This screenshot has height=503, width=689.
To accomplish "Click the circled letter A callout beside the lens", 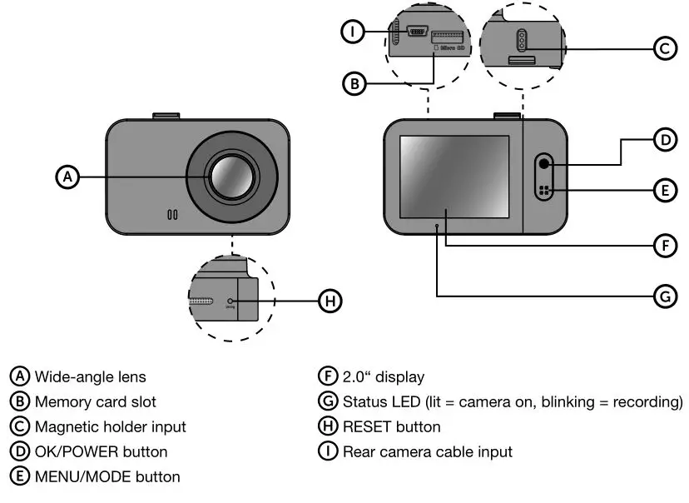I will click(68, 177).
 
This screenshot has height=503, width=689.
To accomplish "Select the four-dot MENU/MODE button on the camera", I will click(545, 191).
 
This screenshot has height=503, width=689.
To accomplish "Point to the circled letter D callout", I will click(663, 141).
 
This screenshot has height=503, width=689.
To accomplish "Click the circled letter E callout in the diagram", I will click(663, 191).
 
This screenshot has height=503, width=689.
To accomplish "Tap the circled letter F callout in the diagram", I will click(663, 246).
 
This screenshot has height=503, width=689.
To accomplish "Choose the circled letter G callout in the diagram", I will click(663, 295).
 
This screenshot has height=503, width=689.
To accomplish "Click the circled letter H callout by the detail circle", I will click(330, 301).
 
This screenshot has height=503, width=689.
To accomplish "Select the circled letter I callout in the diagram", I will click(354, 32).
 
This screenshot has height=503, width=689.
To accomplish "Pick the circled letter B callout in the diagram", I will click(354, 82).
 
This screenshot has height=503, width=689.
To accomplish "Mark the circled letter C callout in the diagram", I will click(663, 49).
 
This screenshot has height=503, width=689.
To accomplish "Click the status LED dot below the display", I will click(437, 225).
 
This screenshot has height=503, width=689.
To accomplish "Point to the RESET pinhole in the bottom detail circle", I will click(230, 301).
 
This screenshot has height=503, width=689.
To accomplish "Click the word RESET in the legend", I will click(368, 427).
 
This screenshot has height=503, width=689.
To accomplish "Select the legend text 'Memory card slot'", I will click(95, 402).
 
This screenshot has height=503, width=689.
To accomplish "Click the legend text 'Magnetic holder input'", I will click(110, 427).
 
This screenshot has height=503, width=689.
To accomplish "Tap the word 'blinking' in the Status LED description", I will click(568, 402).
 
